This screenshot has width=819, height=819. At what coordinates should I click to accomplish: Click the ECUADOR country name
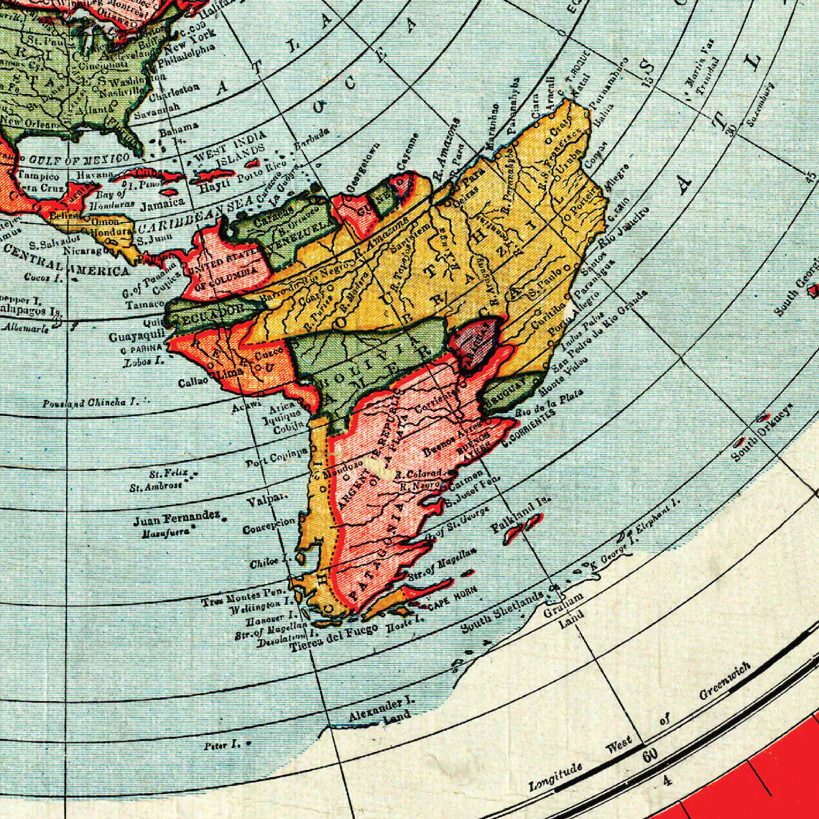[x=204, y=313]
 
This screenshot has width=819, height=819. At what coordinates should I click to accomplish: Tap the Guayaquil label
[x=136, y=336]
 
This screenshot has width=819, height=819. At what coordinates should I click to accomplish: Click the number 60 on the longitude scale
[x=650, y=756]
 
